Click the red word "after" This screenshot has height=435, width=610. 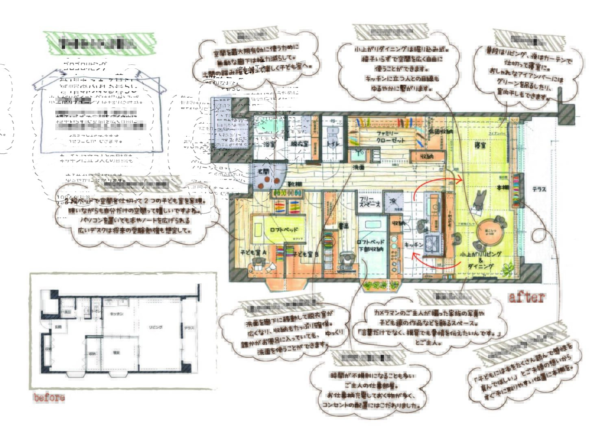tap(527, 297)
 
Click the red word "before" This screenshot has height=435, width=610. tap(49, 398)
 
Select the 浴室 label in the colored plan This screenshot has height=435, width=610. tap(270, 144)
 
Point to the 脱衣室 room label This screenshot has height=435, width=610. tap(299, 144)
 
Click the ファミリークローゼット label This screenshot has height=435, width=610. tap(390, 137)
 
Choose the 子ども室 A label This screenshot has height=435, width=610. tap(253, 253)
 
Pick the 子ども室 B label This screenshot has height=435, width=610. tap(306, 254)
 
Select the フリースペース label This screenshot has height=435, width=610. tap(369, 202)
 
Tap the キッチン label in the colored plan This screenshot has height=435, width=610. tap(414, 245)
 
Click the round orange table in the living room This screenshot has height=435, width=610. tap(489, 233)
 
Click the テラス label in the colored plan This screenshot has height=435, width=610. tap(539, 189)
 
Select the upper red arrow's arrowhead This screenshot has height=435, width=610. tap(461, 178)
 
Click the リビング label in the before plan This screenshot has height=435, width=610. tap(156, 327)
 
